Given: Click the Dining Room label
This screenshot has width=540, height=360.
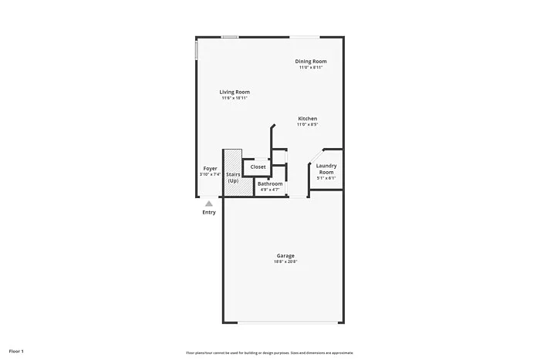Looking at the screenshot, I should click(x=311, y=62).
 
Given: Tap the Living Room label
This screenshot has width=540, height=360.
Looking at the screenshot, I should click(x=235, y=93).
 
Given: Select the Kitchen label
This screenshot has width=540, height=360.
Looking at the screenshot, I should click(x=308, y=118).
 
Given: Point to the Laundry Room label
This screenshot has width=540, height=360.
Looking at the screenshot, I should click(x=326, y=168).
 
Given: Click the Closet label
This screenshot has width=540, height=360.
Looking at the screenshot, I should click(x=258, y=167).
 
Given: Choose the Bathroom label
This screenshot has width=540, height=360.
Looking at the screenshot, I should click(x=270, y=183).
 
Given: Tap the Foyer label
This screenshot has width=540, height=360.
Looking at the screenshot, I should click(x=210, y=168).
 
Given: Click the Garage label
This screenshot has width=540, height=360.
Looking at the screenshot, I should click(x=285, y=256).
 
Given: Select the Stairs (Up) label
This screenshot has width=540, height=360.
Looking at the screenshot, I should click(x=233, y=178).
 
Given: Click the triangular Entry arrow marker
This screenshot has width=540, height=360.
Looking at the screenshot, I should click(x=208, y=204).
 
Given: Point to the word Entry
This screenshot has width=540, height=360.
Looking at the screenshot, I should click(x=209, y=213).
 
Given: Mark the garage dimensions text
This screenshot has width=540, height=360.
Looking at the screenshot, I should click(x=285, y=262).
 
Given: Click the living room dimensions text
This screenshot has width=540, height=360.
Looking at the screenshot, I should click(x=235, y=99).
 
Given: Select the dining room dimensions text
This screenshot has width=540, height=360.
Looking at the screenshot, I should click(x=311, y=68).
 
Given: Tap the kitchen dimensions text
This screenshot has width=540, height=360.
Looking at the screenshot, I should click(x=308, y=124).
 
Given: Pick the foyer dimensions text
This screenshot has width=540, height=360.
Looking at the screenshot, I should click(x=210, y=174).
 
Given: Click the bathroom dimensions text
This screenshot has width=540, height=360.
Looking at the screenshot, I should click(x=270, y=190).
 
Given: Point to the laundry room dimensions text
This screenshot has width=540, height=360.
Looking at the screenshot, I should click(x=326, y=178).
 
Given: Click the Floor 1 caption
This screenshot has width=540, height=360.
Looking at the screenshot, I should click(x=17, y=352).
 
